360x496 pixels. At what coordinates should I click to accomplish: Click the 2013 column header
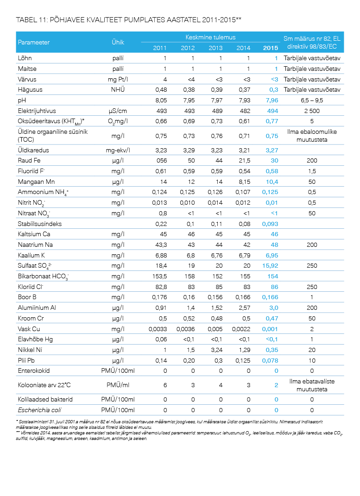click(215, 48)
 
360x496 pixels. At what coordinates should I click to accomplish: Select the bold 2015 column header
click(271, 48)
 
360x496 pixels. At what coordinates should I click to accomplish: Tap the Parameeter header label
click(33, 43)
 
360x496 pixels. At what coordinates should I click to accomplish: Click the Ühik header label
click(118, 42)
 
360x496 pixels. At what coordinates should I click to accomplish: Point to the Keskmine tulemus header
click(210, 38)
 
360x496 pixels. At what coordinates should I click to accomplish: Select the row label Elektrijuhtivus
click(37, 111)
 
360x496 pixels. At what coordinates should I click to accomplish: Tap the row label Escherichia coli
click(39, 410)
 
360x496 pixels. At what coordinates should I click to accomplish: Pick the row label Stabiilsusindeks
click(39, 224)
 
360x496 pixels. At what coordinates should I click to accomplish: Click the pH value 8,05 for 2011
click(161, 100)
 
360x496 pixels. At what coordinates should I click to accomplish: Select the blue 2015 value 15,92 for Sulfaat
click(270, 266)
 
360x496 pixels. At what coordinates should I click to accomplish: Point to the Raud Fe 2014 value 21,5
click(245, 160)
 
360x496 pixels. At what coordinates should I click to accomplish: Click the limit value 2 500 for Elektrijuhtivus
click(312, 111)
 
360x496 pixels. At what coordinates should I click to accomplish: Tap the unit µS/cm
click(118, 111)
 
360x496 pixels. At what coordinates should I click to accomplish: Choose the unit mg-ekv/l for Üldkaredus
click(118, 150)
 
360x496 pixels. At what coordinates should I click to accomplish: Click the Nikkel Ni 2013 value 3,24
click(217, 350)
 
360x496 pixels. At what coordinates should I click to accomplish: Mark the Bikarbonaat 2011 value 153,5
click(159, 276)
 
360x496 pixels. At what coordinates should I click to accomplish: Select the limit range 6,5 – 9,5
click(312, 100)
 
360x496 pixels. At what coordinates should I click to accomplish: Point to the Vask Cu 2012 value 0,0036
click(185, 329)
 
